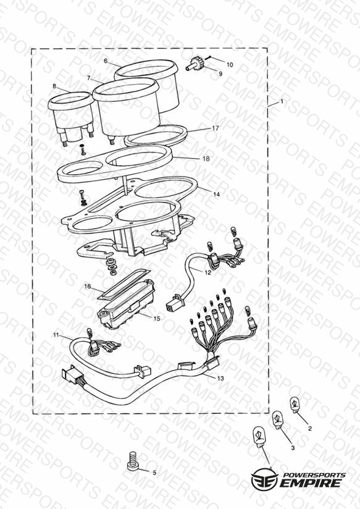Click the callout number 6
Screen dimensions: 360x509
(106, 61)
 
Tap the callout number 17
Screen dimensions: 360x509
(216, 128)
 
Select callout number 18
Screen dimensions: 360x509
(206, 159)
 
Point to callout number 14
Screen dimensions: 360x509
(217, 194)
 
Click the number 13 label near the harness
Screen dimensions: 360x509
(220, 378)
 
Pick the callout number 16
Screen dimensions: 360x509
(88, 287)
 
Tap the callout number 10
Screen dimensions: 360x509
(230, 65)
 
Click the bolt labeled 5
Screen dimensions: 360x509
(133, 461)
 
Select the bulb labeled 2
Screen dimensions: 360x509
(295, 405)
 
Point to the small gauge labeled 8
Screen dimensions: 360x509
(72, 117)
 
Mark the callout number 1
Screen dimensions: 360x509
(282, 101)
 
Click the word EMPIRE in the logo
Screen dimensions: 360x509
(311, 483)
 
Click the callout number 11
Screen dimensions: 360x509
(56, 335)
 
